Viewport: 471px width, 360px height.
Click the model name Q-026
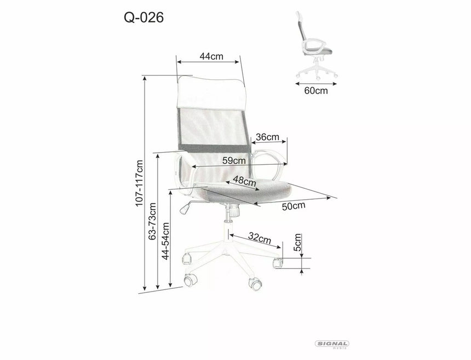[x=143, y=18]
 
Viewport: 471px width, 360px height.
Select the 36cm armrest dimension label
[x=268, y=136]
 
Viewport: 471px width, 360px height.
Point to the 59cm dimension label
[x=234, y=161]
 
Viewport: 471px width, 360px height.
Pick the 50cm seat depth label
[x=294, y=206]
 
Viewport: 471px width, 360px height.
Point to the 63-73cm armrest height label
[x=153, y=222]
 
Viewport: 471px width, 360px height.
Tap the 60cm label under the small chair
[x=316, y=91]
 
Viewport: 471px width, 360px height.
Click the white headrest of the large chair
[x=210, y=92]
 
